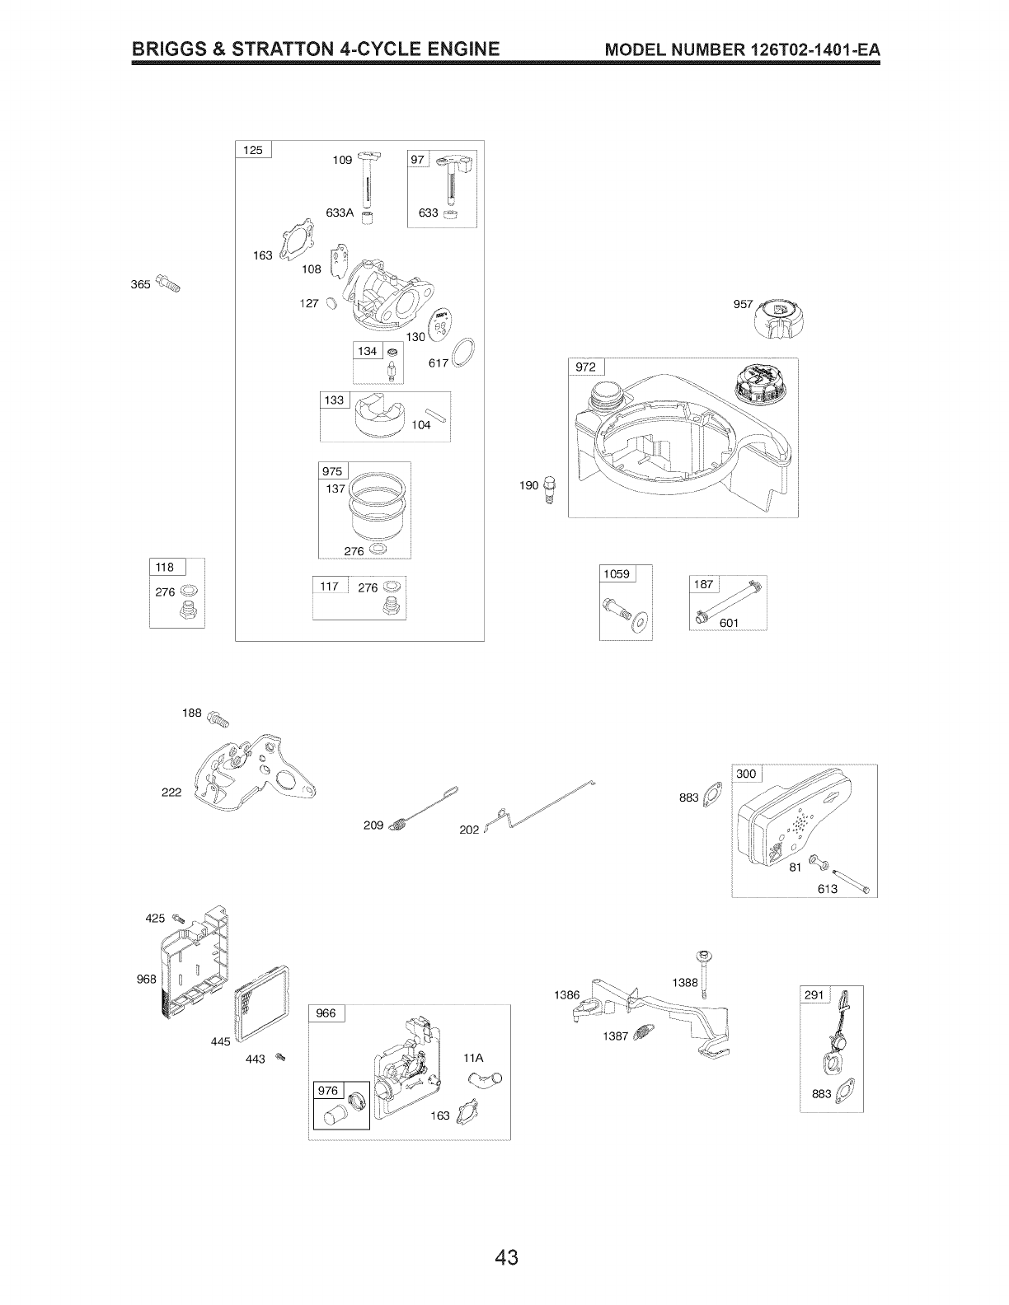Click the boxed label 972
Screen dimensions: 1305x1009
(586, 367)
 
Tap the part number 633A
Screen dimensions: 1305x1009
(339, 213)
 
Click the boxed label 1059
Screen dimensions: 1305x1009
(617, 574)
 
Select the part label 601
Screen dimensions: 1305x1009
(729, 622)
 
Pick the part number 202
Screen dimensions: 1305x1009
(469, 830)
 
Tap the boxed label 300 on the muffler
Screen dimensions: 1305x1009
(746, 774)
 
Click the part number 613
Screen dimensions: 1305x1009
(828, 889)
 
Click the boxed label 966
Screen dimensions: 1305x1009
(326, 1013)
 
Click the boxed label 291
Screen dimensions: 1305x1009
(814, 995)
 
